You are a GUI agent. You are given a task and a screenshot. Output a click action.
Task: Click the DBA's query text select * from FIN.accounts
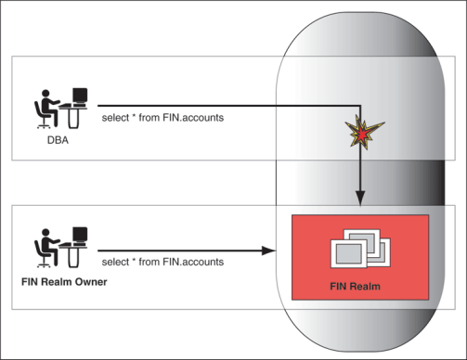click(162, 119)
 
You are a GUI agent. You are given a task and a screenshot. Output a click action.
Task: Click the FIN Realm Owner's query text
click(162, 263)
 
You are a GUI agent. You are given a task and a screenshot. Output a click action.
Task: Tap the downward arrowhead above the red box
click(359, 198)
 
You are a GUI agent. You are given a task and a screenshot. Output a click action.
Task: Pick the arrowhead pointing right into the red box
click(269, 251)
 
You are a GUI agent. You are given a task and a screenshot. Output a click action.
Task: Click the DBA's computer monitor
click(80, 96)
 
